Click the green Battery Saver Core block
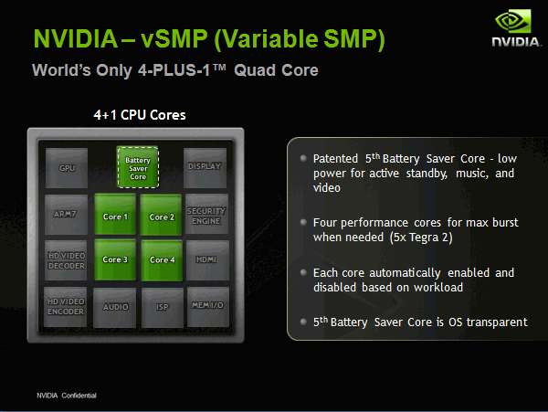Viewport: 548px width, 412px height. pos(138,167)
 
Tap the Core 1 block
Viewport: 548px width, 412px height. pos(115,214)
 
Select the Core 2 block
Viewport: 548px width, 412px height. pos(161,215)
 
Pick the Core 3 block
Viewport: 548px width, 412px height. pos(115,259)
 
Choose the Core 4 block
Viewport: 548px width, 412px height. pos(162,260)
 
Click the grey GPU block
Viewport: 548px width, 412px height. pos(67,168)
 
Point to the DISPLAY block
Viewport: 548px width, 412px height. pos(205,168)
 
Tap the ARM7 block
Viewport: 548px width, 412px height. pos(66,215)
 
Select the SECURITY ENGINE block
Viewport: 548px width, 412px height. pos(206,214)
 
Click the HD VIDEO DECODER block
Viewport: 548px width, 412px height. pos(66,260)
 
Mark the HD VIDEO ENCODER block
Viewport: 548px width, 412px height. pos(66,307)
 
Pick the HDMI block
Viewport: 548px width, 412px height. pos(207,260)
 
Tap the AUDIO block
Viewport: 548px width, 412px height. pos(115,308)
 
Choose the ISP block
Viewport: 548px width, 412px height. pos(163,308)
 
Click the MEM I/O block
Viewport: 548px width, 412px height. pos(208,307)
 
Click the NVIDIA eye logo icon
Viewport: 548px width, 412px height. pos(513,21)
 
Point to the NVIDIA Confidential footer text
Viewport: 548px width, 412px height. pos(67,396)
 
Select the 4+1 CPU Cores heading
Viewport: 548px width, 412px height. pos(140,115)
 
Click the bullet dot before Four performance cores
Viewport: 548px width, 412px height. pos(303,222)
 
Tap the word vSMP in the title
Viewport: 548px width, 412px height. pos(174,38)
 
